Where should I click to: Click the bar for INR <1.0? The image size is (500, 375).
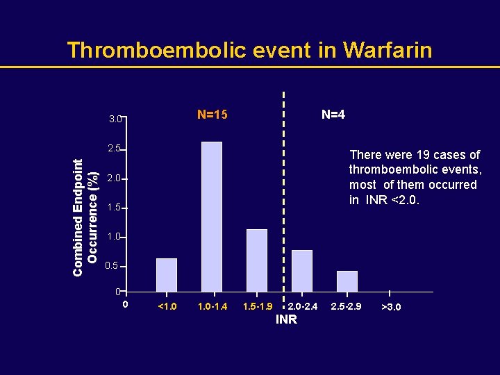tap(167, 275)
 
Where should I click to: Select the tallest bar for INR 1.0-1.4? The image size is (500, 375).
tap(212, 217)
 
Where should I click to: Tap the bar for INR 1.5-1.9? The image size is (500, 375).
tap(257, 260)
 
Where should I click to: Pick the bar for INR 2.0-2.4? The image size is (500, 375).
tap(302, 271)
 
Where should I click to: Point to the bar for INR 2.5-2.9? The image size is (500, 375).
tap(347, 281)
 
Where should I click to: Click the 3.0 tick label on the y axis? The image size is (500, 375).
tap(115, 119)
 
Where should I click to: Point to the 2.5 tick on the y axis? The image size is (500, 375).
tap(115, 149)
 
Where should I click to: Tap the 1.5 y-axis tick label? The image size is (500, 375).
tap(115, 208)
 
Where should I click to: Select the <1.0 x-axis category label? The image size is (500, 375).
tap(167, 306)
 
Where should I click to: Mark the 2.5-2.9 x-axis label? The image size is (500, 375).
tap(346, 306)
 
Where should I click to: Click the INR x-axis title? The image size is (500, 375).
tap(286, 319)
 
